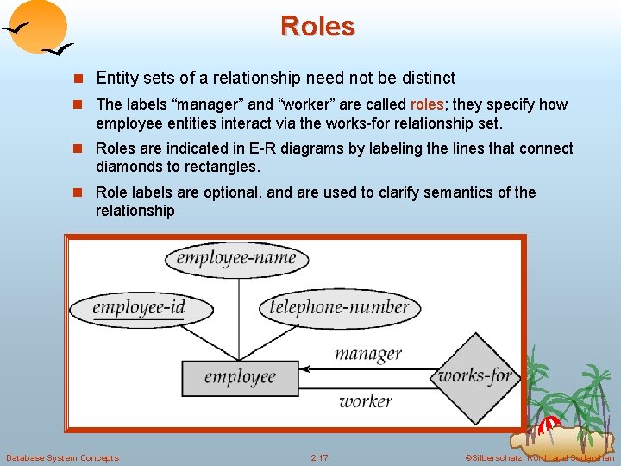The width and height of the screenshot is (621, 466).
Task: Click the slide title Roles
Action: pos(317,26)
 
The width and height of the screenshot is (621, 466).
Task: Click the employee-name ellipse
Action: pos(235,258)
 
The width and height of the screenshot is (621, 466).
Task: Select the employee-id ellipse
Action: pos(139,308)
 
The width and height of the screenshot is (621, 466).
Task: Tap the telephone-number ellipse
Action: pos(339,307)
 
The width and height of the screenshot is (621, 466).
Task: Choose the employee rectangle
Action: pos(240,376)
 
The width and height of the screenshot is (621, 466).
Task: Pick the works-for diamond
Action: pos(475,375)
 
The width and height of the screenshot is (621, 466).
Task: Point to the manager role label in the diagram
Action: pos(367,353)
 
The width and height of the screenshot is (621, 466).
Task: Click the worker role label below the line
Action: pos(365,400)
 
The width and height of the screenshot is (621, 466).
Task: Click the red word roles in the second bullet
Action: pos(427,104)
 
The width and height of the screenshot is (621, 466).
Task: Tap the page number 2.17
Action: pos(319,457)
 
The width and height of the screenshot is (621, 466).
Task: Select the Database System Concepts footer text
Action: pos(62,457)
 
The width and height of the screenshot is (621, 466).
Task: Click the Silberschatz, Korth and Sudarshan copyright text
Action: pos(539,457)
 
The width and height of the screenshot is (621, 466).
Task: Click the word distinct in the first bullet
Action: pos(427,78)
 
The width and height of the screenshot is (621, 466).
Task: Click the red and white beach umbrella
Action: pos(550,425)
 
